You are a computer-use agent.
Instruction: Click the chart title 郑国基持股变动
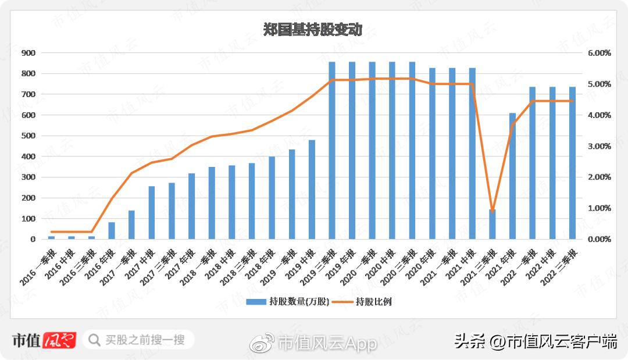tap(313, 30)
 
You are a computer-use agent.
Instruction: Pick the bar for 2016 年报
tap(112, 230)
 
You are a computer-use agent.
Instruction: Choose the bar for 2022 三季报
tap(572, 163)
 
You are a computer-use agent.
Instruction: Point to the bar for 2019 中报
tap(312, 189)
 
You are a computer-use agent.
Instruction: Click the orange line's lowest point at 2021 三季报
tap(493, 211)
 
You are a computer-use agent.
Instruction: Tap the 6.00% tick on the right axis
tap(599, 53)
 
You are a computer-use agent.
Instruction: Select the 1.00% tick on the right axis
tap(599, 208)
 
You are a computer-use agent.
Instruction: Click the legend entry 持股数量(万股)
tap(288, 301)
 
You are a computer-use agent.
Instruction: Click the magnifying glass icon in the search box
tap(94, 340)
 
